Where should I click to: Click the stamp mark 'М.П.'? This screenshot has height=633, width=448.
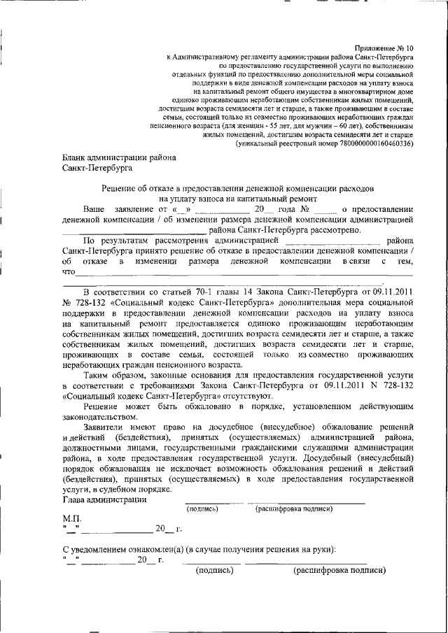pyautogui.click(x=73, y=519)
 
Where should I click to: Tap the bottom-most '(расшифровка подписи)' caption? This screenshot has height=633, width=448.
pyautogui.click(x=339, y=570)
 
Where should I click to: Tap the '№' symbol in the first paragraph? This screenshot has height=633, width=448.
pyautogui.click(x=304, y=209)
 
